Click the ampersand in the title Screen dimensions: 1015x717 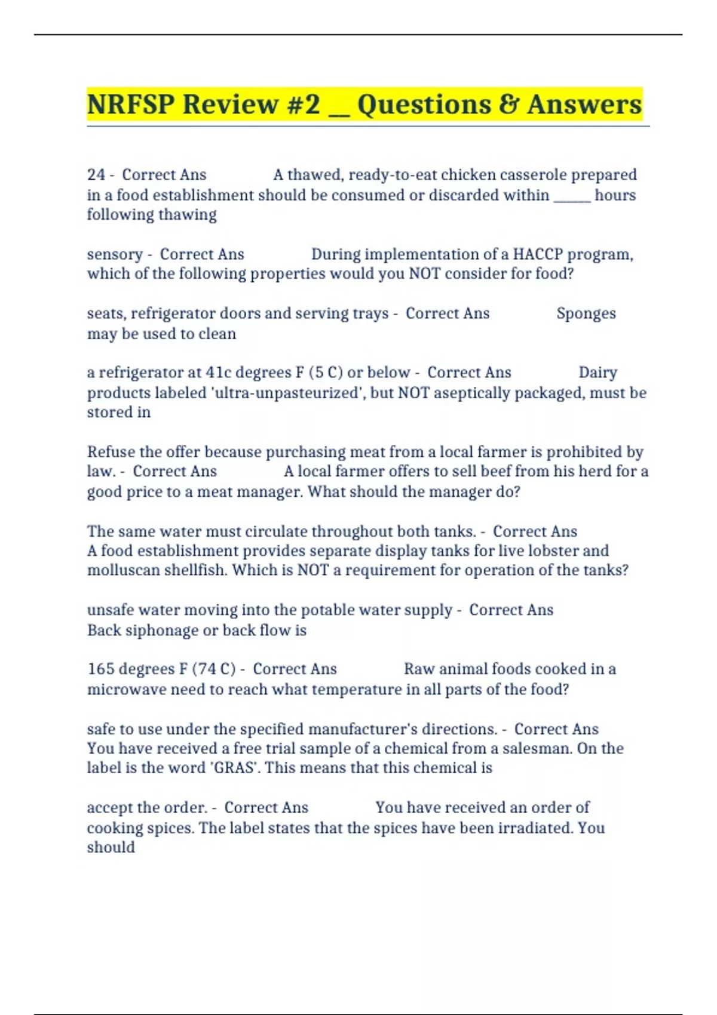pos(508,104)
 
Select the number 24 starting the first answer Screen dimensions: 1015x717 pos(96,175)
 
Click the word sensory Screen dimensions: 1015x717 pos(115,255)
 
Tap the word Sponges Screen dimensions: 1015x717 pos(586,313)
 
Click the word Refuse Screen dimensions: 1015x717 pos(111,452)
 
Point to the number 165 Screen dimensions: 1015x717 pos(100,669)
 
